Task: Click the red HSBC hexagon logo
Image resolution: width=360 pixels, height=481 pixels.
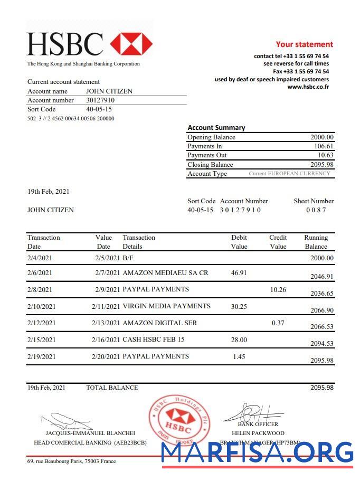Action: pos(131,44)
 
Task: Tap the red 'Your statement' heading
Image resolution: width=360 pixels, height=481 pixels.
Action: pos(304,44)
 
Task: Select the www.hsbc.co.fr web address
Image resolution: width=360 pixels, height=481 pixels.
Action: pos(308,87)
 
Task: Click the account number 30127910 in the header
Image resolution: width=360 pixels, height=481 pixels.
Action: pos(100,100)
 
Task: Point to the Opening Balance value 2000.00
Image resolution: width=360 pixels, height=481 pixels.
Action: pos(322,137)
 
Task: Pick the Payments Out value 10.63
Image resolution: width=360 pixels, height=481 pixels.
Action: pos(325,155)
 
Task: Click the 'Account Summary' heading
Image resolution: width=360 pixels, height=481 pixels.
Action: pos(216,128)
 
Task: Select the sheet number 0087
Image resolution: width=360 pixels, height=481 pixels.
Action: pos(316,210)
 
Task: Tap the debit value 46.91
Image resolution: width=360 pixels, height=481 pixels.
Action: pos(239,273)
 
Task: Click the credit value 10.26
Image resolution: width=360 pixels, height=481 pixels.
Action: pos(278,289)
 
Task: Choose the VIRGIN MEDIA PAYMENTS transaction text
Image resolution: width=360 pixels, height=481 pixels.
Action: pos(166,306)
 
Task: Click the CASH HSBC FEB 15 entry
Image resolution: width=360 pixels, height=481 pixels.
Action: pos(154,339)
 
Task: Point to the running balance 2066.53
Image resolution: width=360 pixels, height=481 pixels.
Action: pos(321,327)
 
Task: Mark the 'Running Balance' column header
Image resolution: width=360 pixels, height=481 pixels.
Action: pos(316,242)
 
